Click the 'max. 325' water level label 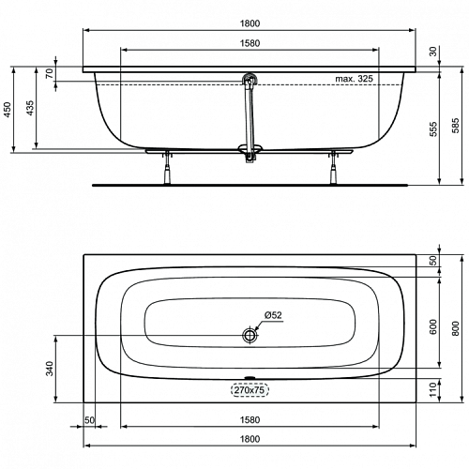tap(354, 79)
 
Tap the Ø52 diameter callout tap(273, 315)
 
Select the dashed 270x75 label tap(250, 390)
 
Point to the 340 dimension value tap(50, 369)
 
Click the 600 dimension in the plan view tap(433, 326)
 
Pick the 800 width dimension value tap(456, 328)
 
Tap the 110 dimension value tap(433, 389)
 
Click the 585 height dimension tap(456, 126)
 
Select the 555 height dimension tap(433, 129)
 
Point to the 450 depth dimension tap(7, 110)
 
